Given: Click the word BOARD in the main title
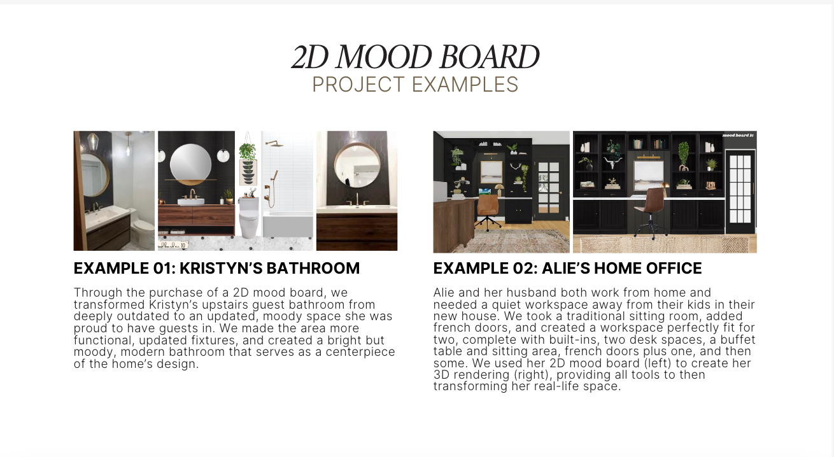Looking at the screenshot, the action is [x=490, y=57].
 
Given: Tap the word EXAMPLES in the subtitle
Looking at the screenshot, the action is [x=465, y=85].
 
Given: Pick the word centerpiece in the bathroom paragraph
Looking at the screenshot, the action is [x=360, y=352].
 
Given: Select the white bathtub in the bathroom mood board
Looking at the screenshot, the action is [x=288, y=225].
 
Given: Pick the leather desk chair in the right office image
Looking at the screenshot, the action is [x=653, y=212].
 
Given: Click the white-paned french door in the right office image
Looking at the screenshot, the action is [x=740, y=192].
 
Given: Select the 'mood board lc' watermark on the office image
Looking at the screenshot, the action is [x=739, y=135].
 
